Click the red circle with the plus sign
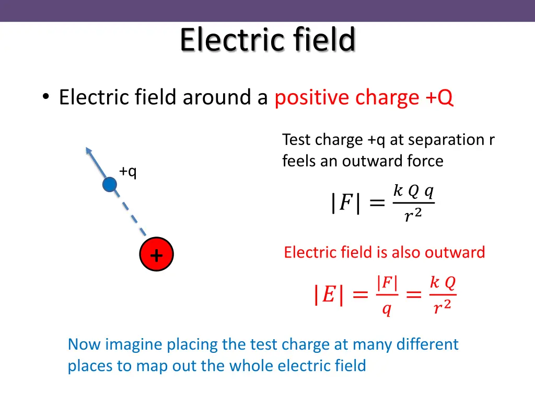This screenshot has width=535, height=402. pos(156,255)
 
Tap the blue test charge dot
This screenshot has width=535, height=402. pos(109,184)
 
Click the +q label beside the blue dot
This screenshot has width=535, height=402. pos(127,171)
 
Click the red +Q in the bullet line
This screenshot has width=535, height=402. pos(439,97)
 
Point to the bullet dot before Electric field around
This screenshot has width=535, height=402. pos(46,97)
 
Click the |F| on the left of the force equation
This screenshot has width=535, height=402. pos(345,203)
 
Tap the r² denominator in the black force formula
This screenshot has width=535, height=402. pos(412,214)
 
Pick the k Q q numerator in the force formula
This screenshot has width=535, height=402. pos(413,192)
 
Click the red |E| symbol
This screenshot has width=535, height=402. pos(328,295)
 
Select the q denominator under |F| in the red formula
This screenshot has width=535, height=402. pos(387,310)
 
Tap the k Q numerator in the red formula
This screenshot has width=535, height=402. pos(442,283)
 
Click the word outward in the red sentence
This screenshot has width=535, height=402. pos(455,252)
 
